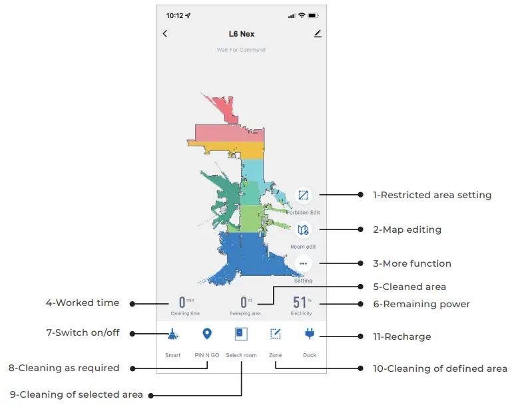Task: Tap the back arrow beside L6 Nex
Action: tap(165, 34)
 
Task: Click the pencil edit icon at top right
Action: tap(317, 34)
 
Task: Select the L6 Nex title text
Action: tap(241, 34)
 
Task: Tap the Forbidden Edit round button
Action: tap(304, 196)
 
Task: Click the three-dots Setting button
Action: tap(304, 263)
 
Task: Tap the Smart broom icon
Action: tap(172, 334)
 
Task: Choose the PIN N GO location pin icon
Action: tap(206, 334)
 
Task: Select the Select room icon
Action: tap(240, 334)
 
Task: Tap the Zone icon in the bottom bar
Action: tap(275, 334)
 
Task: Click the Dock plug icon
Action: tap(310, 334)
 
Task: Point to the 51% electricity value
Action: tap(300, 303)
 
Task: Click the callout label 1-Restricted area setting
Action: tap(431, 195)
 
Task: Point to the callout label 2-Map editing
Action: tap(407, 229)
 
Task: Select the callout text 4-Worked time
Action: tap(83, 303)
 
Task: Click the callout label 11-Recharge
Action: tap(401, 337)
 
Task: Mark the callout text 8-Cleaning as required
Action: tap(65, 368)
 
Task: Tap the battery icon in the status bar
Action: tap(314, 15)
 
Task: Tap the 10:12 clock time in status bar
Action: tap(174, 15)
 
